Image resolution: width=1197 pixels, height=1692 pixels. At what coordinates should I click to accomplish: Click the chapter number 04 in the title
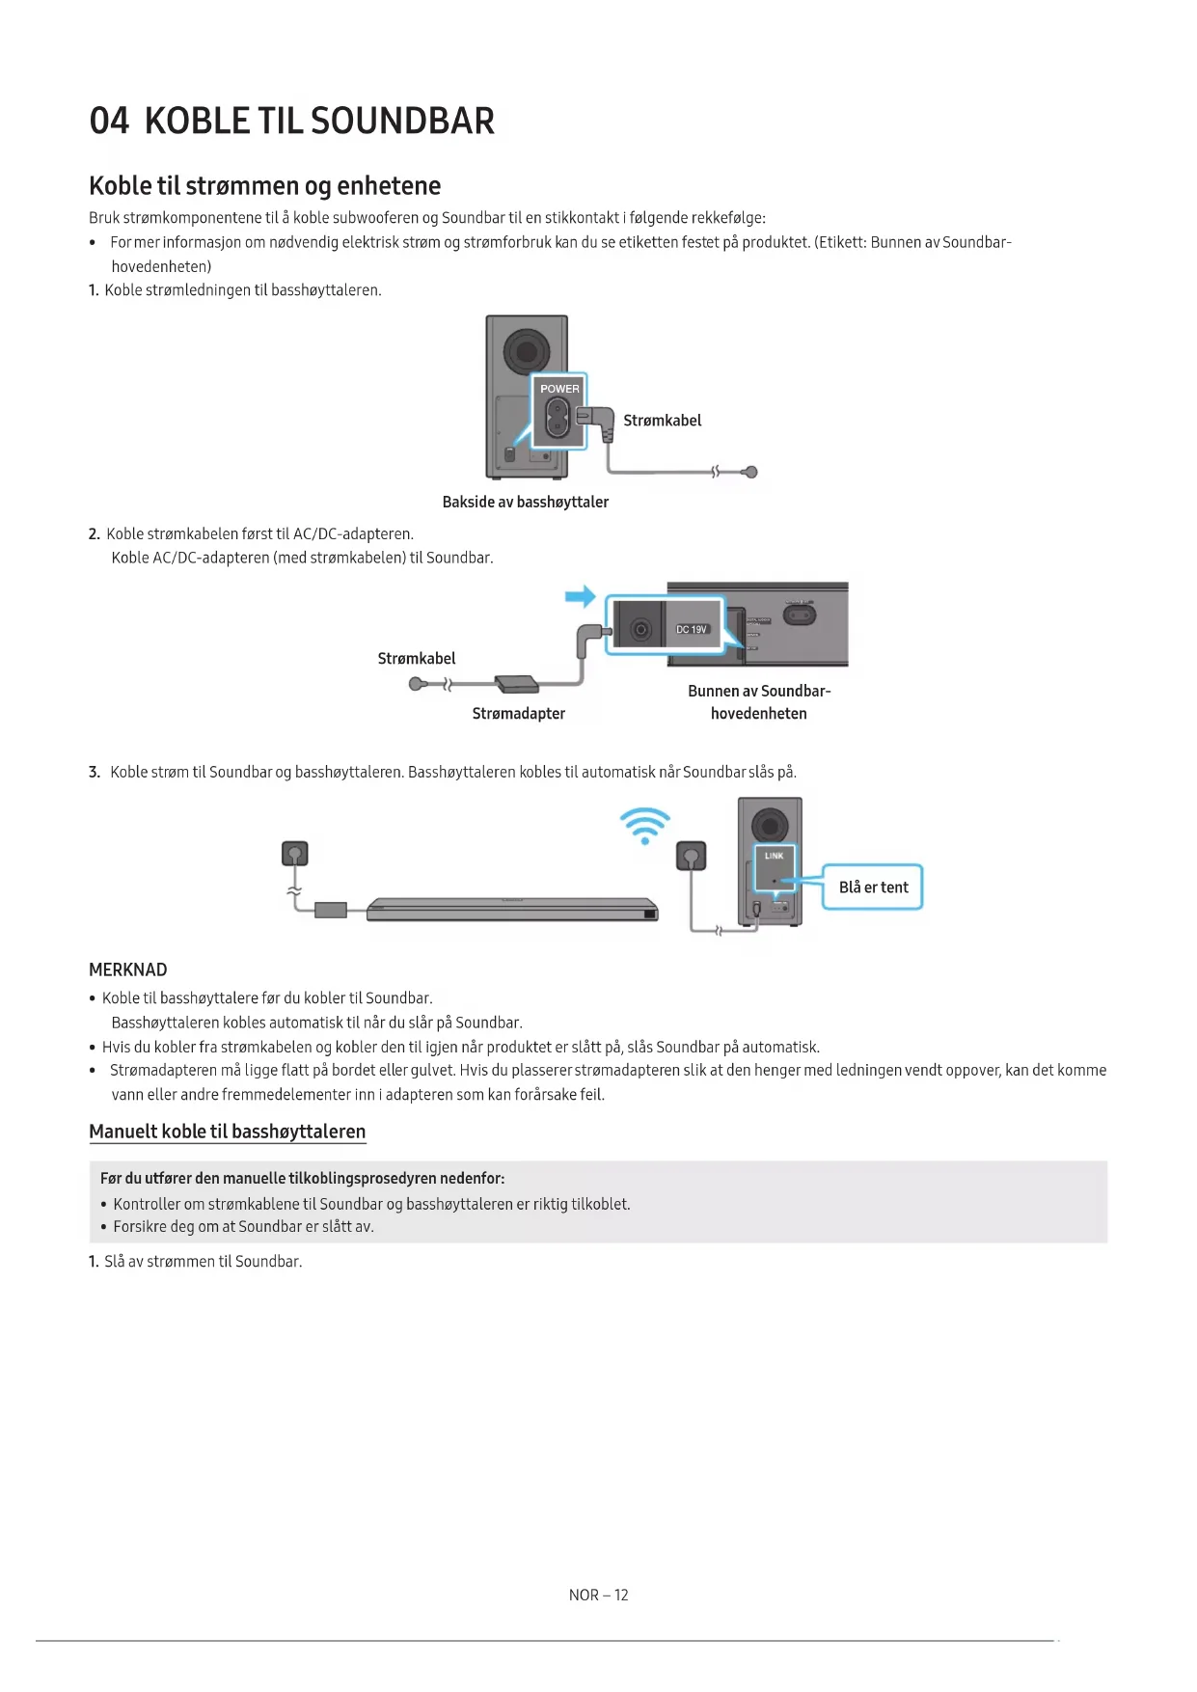tap(109, 122)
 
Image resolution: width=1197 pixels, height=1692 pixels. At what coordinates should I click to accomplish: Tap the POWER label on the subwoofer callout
tap(559, 389)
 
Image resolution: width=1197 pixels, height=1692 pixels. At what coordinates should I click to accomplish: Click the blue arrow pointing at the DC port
tap(581, 597)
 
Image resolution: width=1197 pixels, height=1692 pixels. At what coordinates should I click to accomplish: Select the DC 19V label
tap(692, 630)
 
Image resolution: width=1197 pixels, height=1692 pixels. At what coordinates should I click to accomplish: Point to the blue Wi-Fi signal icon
tap(645, 826)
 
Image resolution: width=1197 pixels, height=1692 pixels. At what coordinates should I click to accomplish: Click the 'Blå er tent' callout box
tap(873, 887)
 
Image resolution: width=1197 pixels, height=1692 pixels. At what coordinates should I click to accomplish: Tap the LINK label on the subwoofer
tap(774, 856)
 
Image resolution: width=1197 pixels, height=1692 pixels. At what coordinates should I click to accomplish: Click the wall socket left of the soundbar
tap(295, 854)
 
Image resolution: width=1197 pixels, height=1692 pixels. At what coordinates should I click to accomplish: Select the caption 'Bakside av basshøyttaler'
tap(525, 502)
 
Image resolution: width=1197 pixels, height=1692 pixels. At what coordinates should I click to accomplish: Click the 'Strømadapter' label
tap(518, 714)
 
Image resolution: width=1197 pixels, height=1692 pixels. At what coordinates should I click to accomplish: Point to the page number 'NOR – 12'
tap(598, 1596)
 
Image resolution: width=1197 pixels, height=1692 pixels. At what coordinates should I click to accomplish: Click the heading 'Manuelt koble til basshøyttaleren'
tap(227, 1132)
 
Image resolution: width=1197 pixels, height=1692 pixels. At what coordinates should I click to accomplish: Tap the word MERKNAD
tap(128, 969)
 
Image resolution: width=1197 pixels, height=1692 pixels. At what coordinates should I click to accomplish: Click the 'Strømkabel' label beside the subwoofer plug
tap(662, 421)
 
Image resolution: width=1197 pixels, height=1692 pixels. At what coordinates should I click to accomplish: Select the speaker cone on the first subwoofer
tap(527, 351)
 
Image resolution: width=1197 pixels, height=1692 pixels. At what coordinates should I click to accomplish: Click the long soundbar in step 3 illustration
tap(511, 910)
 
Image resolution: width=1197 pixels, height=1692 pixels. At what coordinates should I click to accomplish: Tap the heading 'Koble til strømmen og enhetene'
tap(264, 186)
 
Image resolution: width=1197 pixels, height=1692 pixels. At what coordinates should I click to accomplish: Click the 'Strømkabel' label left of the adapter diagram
tap(417, 659)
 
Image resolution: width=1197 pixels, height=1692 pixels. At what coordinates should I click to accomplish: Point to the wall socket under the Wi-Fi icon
tap(691, 856)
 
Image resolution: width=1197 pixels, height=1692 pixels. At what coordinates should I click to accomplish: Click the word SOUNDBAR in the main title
tap(402, 122)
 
